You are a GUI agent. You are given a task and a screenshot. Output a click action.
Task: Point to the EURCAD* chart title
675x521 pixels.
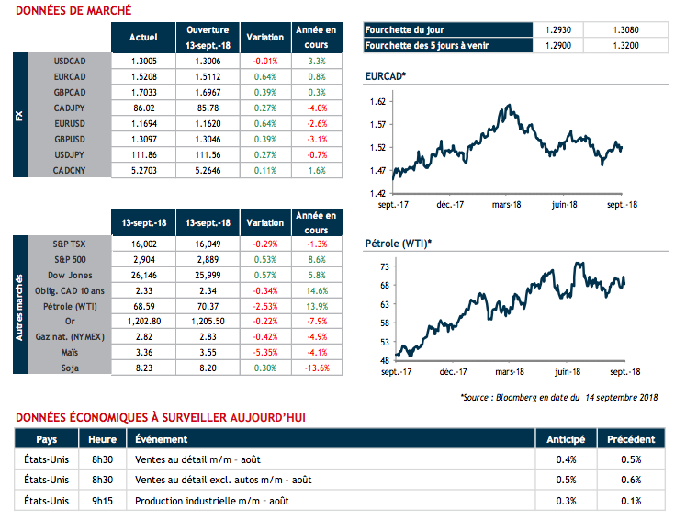(x=386, y=74)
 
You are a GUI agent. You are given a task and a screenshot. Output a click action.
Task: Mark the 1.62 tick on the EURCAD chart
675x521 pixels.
(x=378, y=101)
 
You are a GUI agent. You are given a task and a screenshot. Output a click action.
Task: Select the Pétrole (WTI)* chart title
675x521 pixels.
(x=397, y=244)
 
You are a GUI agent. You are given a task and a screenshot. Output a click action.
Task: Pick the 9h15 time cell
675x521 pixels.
(x=102, y=501)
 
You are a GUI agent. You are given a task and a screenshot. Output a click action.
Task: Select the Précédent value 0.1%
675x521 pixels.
(x=631, y=501)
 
